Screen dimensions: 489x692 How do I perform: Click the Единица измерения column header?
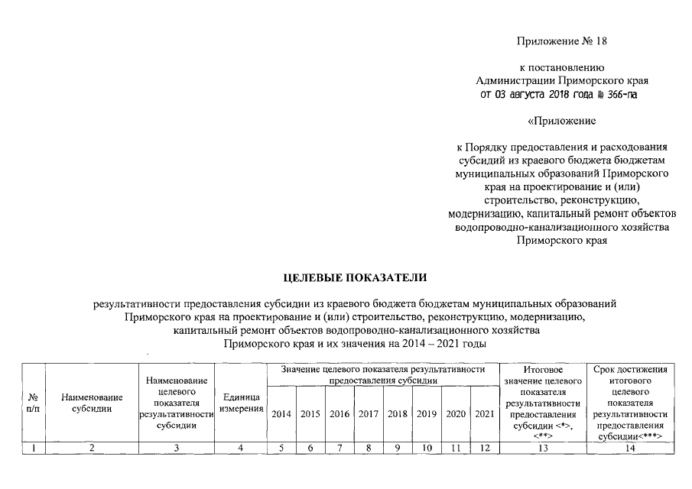pos(240,404)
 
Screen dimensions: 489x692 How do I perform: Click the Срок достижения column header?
pos(631,402)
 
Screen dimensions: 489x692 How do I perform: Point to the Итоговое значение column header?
pos(544,402)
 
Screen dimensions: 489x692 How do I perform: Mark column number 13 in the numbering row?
pos(544,449)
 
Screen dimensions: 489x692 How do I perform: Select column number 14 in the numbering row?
pos(631,449)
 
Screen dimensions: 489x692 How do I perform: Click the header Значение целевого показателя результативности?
pos(383,374)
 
